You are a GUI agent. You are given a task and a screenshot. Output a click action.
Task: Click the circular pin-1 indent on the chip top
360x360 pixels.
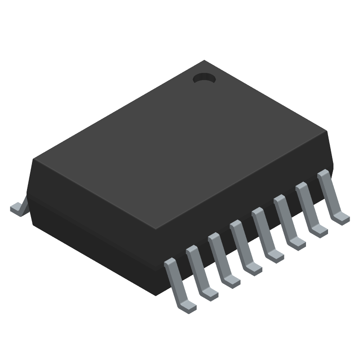point(204,79)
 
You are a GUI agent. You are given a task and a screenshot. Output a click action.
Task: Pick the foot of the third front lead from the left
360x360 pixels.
point(231,280)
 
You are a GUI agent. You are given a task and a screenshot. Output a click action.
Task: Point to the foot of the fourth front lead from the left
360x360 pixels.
point(253,268)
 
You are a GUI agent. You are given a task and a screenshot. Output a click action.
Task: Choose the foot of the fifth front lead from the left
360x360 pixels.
point(275,255)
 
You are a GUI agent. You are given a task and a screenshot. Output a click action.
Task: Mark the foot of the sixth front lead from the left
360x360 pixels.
point(297,243)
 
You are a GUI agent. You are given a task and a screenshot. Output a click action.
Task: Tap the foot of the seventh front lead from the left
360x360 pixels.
point(319,230)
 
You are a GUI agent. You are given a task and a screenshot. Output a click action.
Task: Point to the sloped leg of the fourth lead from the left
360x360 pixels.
point(240,243)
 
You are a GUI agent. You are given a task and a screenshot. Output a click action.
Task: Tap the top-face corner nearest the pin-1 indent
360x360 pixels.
point(204,60)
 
